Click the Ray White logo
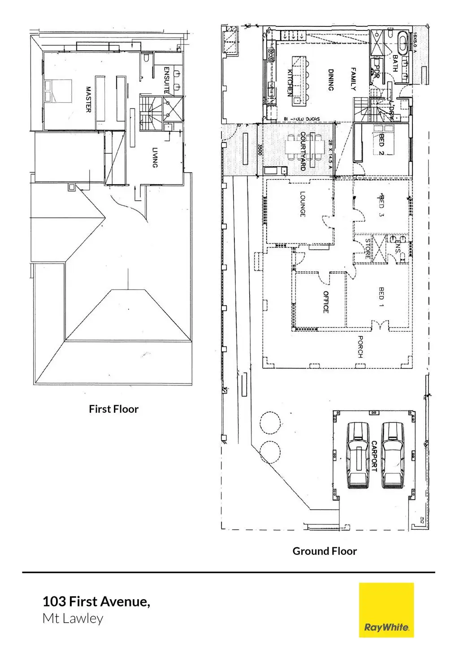(x=386, y=610)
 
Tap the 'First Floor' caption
(x=113, y=409)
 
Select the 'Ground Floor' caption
(x=325, y=551)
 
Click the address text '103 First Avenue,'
(x=96, y=601)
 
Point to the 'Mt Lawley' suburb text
(x=73, y=619)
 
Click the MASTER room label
(x=88, y=100)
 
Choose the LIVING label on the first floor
(x=155, y=158)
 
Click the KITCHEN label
(x=290, y=82)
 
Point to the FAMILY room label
(x=353, y=79)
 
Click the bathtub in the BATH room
(x=403, y=43)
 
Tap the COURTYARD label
(x=303, y=151)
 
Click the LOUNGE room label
(x=302, y=204)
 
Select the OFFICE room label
(x=326, y=302)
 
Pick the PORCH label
(x=360, y=346)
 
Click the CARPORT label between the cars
(x=374, y=456)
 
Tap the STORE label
(x=368, y=248)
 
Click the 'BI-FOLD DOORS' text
(x=302, y=119)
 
